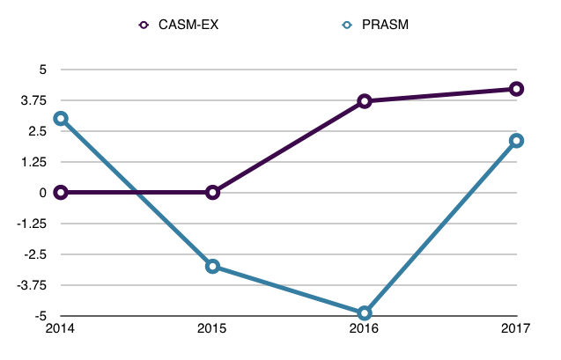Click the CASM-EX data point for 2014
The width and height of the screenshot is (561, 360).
(61, 192)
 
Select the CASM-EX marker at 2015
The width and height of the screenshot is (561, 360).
(212, 192)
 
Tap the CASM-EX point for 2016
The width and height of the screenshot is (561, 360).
(365, 101)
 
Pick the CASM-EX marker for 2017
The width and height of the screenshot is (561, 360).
(516, 89)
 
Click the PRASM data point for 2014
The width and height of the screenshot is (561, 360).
(61, 118)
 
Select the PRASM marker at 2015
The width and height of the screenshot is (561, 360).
(212, 266)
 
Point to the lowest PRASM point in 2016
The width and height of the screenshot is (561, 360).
(365, 312)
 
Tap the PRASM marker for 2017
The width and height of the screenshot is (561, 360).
(516, 141)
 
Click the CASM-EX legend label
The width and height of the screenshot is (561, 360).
(189, 25)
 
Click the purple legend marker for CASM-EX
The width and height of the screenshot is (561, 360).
(144, 25)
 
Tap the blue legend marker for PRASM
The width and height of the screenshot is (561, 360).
(348, 25)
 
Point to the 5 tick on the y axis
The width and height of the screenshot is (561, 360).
(41, 70)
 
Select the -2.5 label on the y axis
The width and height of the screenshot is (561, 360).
(34, 254)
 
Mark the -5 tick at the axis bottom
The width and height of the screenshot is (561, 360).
(39, 316)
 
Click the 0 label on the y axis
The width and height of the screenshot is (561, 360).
(41, 193)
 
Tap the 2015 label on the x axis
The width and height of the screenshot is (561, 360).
(212, 329)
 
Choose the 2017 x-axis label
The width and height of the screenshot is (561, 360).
(516, 329)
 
